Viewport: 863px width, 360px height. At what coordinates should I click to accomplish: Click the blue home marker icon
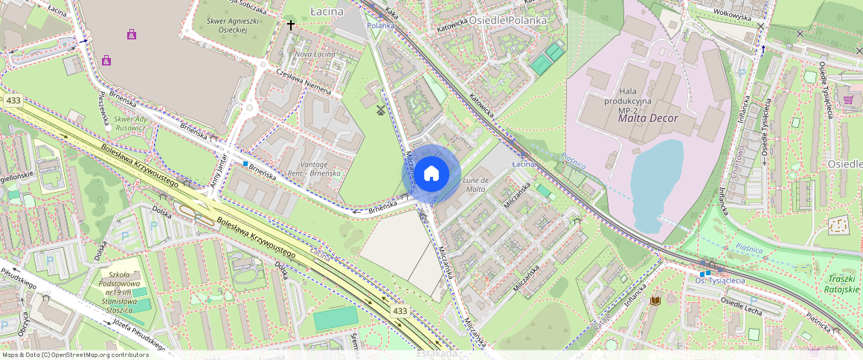pos(431,174)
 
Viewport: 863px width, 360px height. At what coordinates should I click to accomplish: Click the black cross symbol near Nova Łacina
pos(291,25)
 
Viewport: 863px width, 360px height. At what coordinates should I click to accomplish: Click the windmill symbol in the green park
pos(381,110)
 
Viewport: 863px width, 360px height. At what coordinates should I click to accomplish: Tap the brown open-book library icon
pos(655,300)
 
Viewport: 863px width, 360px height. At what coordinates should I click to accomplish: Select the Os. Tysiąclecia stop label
pos(719,280)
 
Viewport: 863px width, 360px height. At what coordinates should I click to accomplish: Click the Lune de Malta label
pos(475,184)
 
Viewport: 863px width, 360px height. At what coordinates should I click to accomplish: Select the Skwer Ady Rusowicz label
pos(131,123)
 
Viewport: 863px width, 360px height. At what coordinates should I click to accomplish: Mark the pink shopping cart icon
pos(848,100)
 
